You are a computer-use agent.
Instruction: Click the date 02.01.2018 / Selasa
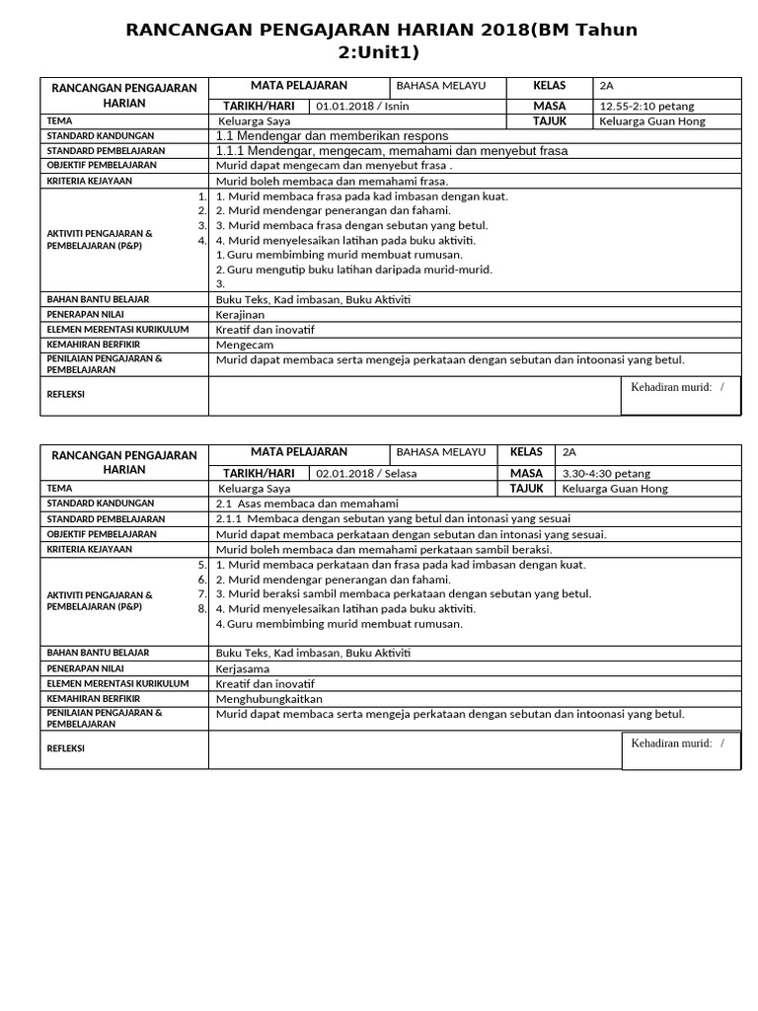click(x=366, y=473)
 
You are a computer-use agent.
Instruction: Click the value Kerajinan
click(x=240, y=314)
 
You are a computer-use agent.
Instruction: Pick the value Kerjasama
click(x=242, y=668)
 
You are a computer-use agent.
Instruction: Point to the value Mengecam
click(x=244, y=345)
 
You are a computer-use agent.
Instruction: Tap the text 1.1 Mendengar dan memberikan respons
click(x=332, y=135)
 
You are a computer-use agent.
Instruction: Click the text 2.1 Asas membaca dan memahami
click(x=306, y=504)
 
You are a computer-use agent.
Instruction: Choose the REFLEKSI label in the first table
click(x=66, y=394)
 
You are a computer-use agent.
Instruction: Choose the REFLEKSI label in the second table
click(x=66, y=748)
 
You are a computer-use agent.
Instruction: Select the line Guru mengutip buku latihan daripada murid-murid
click(x=353, y=270)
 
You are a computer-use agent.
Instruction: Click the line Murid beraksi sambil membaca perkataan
click(x=403, y=593)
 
